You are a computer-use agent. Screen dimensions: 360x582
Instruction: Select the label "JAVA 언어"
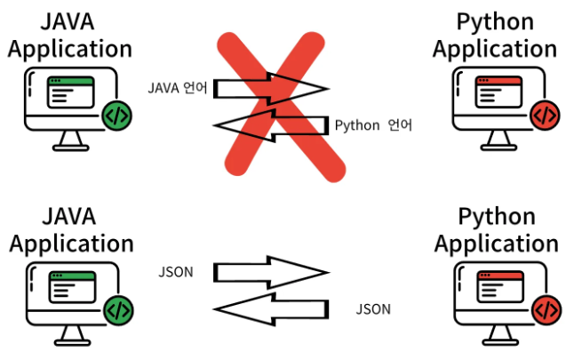(x=179, y=89)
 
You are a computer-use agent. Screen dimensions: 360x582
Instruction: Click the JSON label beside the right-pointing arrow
(x=176, y=270)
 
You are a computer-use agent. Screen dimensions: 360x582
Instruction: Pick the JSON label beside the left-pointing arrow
(x=373, y=309)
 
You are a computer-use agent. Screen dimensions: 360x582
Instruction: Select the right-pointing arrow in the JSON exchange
(x=271, y=270)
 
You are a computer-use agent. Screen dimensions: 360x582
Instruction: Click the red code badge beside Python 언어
(x=544, y=115)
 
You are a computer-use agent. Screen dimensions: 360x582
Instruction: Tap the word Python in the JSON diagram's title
(x=495, y=216)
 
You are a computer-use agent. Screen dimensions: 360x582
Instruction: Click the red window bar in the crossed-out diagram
(x=498, y=82)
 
